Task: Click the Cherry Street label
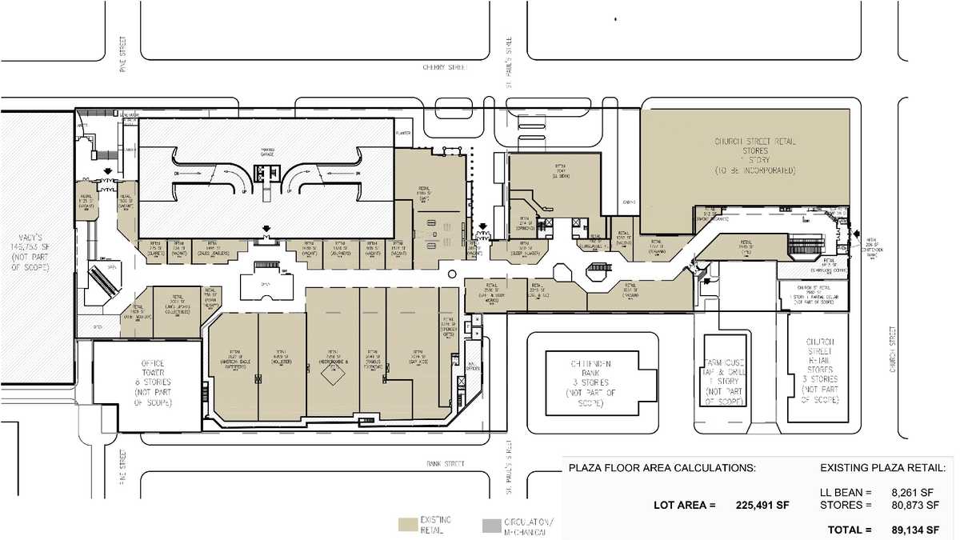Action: (444, 68)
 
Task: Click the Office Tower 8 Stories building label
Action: (146, 383)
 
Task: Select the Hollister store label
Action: (281, 356)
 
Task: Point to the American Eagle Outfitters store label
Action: (233, 357)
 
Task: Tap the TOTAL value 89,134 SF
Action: (911, 530)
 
